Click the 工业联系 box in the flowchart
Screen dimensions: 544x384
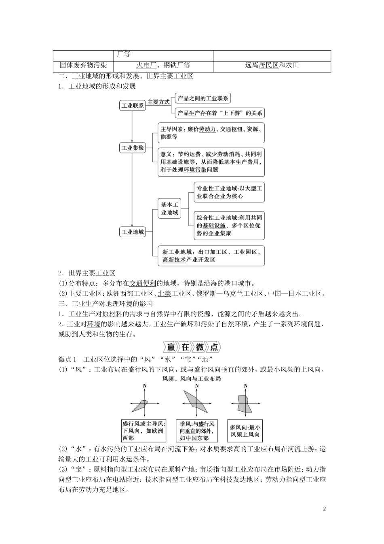133,106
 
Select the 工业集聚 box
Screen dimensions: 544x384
133,148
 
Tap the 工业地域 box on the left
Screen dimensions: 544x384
133,232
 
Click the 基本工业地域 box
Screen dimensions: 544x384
170,208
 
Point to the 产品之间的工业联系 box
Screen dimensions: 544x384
203,98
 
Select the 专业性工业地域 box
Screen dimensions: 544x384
229,192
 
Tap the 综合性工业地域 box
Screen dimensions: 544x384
229,225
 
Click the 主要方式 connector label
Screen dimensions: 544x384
158,102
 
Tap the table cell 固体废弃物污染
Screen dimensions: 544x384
83,65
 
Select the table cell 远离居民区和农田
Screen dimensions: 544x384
272,65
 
